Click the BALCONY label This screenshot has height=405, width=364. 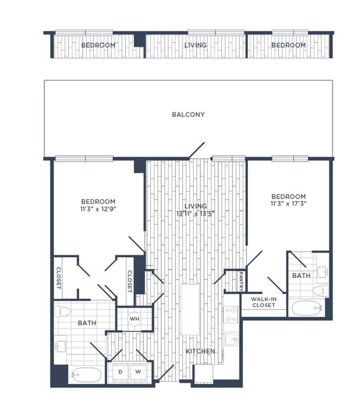click(x=188, y=114)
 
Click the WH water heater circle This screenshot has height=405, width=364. click(x=134, y=319)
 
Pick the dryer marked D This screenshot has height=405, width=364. click(x=121, y=372)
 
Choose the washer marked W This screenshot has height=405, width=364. click(x=137, y=372)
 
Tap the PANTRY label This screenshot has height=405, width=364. click(x=241, y=281)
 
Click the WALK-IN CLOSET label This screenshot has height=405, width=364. click(x=264, y=302)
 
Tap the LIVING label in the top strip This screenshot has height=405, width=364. click(x=195, y=45)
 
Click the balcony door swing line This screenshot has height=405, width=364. click(x=197, y=150)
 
